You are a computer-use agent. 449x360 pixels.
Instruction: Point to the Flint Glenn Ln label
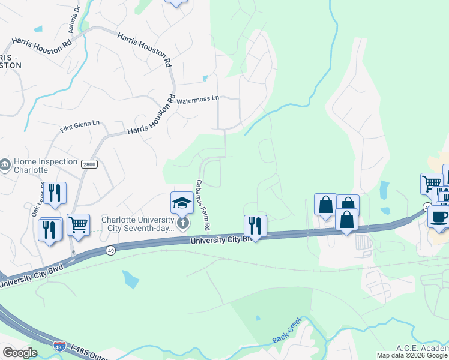pyautogui.click(x=80, y=127)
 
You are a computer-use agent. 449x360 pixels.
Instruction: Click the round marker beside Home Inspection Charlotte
pyautogui.click(x=5, y=164)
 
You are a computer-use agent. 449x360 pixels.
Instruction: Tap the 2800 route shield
pyautogui.click(x=89, y=164)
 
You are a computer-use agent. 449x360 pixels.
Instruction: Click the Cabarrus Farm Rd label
pyautogui.click(x=202, y=205)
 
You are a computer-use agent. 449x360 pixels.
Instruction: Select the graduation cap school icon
pyautogui.click(x=182, y=203)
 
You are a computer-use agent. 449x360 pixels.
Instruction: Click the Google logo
pyautogui.click(x=19, y=352)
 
